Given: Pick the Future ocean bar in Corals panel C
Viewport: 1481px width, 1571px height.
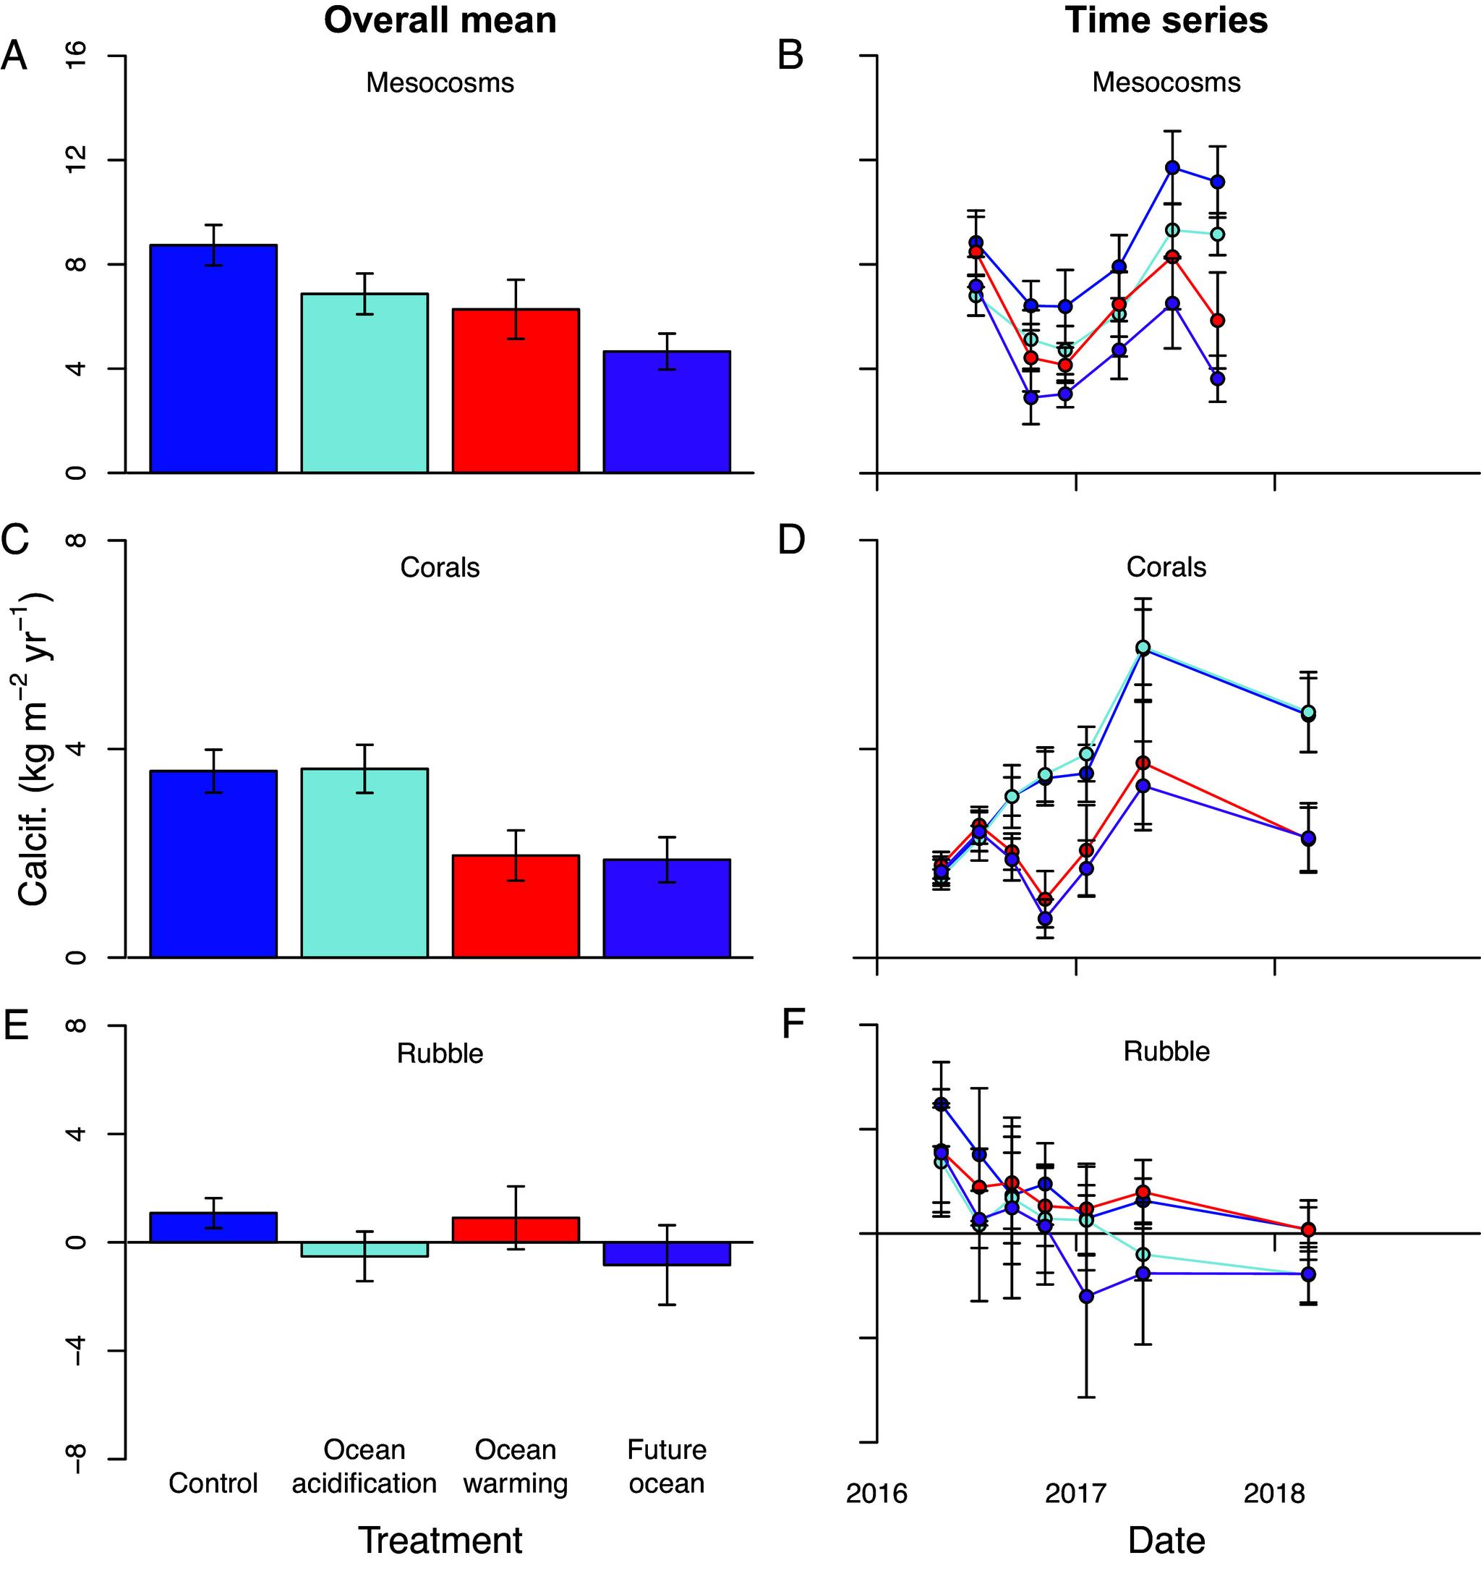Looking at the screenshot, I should coord(667,908).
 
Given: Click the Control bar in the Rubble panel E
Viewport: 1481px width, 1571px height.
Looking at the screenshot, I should coord(213,1227).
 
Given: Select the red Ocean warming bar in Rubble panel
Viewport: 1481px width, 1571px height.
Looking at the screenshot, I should coord(516,1229).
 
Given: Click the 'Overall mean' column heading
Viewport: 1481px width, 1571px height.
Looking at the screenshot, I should coord(440,20).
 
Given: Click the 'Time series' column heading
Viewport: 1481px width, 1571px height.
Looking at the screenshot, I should coord(1166,20).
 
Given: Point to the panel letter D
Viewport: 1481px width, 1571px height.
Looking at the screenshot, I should coord(791,541).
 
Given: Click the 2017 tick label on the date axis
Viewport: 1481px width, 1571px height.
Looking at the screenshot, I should coord(1075,1494).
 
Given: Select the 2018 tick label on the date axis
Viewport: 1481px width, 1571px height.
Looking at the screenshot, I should coord(1274,1494).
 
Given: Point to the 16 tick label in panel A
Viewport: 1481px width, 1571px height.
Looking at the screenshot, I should coord(76,56).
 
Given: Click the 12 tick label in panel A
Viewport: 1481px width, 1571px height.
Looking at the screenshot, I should coord(76,161).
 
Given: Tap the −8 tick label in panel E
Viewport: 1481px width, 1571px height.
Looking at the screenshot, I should coord(76,1459).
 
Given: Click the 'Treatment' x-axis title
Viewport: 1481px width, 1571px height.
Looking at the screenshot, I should coord(440,1540).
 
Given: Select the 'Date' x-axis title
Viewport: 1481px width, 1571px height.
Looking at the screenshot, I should coord(1166,1540).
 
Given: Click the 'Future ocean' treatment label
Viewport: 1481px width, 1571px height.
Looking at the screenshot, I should coord(667,1467).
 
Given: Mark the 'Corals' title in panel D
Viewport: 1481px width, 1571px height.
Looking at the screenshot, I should coord(1166,567).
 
